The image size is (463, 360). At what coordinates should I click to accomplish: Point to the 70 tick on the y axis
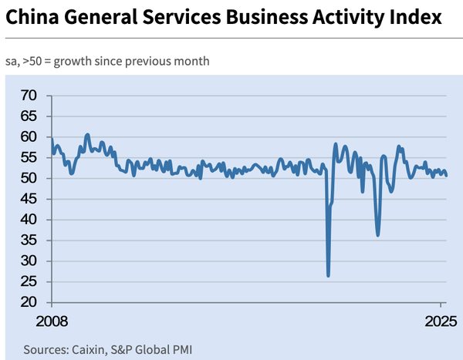tap(29, 96)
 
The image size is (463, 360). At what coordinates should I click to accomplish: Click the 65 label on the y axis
tap(29, 116)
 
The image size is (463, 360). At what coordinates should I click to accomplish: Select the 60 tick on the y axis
tap(29, 137)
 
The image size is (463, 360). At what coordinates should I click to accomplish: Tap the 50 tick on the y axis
tap(29, 178)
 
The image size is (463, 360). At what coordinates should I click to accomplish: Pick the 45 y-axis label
tap(29, 199)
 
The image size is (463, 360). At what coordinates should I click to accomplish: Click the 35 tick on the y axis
tap(29, 241)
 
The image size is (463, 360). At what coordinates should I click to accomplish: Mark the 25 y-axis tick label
tap(29, 282)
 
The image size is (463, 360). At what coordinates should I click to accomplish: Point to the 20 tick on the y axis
tap(29, 303)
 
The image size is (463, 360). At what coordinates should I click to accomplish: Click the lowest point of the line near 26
tap(328, 275)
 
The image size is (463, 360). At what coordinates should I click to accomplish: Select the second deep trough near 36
tap(377, 234)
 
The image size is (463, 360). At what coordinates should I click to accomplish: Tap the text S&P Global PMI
tap(154, 349)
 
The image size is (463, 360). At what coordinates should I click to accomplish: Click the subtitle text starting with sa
tap(107, 61)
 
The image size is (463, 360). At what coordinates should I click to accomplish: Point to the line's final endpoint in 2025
tap(446, 176)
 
